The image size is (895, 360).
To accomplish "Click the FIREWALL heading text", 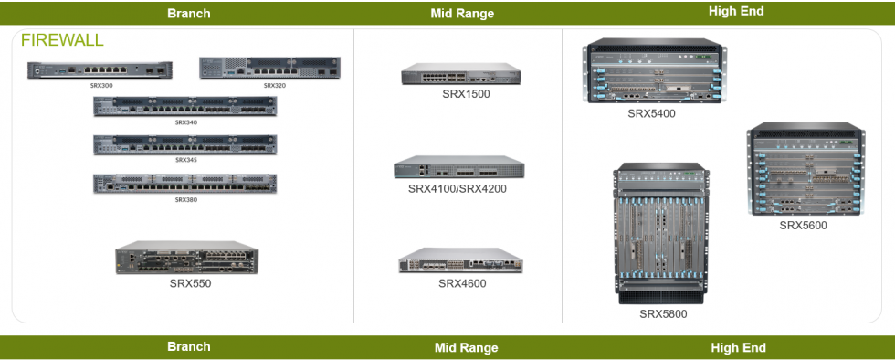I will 62,41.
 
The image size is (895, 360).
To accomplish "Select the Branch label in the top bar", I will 189,14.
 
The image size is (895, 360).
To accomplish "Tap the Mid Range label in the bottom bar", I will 466,348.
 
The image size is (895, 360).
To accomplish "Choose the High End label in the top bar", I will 736,12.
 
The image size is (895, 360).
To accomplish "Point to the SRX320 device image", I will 269,69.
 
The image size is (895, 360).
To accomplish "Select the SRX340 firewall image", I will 185,106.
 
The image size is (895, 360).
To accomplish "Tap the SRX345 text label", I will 185,160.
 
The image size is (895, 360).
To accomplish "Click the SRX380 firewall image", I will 185,183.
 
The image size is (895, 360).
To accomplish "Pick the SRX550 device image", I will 188,259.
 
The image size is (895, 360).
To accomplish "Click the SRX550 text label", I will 190,283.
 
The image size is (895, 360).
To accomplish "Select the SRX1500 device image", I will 461,75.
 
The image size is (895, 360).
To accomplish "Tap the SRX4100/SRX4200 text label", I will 457,189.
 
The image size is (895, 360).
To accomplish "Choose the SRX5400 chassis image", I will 651,73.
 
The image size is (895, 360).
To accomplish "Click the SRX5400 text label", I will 651,114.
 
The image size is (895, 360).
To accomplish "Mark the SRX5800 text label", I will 663,314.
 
